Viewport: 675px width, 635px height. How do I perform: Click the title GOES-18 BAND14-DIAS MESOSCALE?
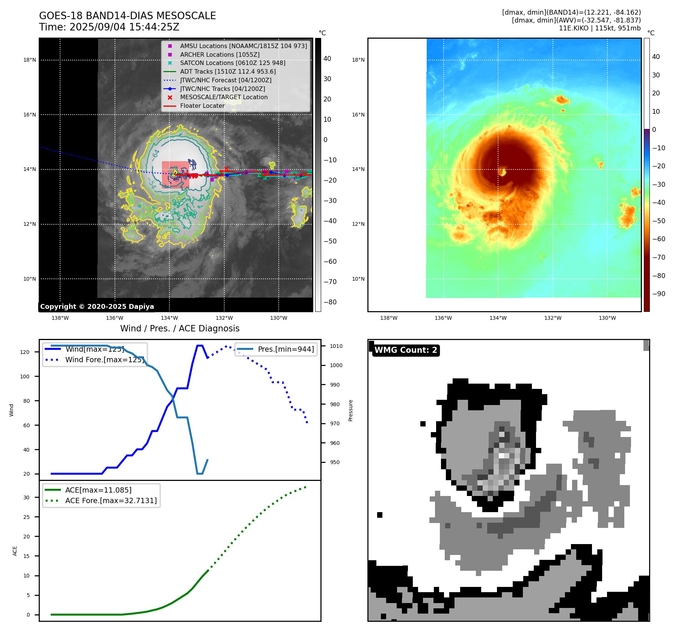coord(127,16)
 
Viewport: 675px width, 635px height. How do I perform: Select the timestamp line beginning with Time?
coord(109,27)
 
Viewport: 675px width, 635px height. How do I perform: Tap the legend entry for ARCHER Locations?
coord(219,54)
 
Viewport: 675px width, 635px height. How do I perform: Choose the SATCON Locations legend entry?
coord(233,63)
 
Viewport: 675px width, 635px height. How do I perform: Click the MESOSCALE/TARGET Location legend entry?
coord(223,97)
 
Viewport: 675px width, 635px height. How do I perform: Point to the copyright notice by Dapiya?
coord(97,307)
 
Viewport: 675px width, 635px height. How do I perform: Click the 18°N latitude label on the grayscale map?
coord(30,60)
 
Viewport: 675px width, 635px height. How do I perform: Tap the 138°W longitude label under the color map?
coord(388,318)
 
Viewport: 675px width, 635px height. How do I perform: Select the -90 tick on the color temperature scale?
coord(659,294)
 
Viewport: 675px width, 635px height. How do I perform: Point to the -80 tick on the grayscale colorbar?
coord(330,302)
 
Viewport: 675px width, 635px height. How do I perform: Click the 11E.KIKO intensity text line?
coord(599,28)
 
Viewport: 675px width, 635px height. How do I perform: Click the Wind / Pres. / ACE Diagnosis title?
coord(180,328)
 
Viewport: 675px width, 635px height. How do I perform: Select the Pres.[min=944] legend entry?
coord(285,349)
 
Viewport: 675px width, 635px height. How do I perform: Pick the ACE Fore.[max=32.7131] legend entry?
coord(111,500)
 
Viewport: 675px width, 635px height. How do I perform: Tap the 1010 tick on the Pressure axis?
coord(336,346)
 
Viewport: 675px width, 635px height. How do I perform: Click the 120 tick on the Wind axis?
coord(25,352)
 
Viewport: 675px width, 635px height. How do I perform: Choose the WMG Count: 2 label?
coord(406,350)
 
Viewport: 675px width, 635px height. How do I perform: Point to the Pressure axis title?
coord(351,410)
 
